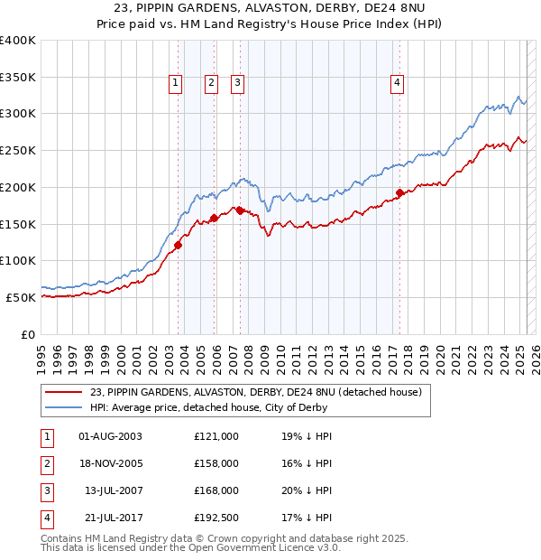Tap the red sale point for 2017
pos(399,192)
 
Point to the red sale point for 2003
pos(178,245)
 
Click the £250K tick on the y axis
pos(20,150)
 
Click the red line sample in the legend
pos(64,392)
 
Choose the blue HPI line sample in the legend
pos(64,406)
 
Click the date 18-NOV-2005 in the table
pos(110,463)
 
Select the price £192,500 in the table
pos(216,518)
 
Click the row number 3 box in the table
pos(46,490)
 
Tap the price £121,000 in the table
pos(216,436)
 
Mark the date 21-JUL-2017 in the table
pos(110,518)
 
